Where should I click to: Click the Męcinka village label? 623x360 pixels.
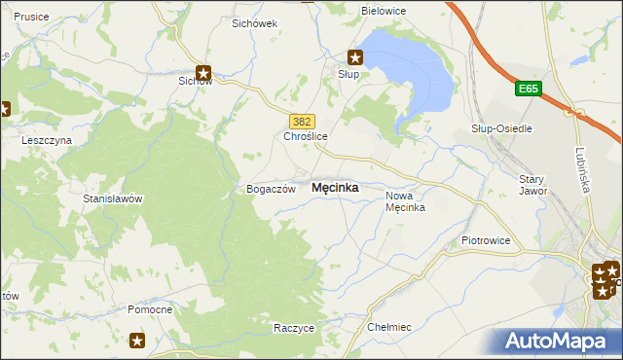(x=334, y=188)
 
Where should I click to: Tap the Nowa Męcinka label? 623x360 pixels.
(x=405, y=201)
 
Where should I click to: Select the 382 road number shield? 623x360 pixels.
(x=302, y=121)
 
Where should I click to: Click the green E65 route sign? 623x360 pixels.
(x=528, y=90)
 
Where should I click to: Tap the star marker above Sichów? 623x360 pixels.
(x=203, y=71)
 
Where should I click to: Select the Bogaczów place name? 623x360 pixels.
(x=270, y=189)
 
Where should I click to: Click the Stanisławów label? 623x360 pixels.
(x=113, y=198)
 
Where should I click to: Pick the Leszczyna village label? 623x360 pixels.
(x=47, y=140)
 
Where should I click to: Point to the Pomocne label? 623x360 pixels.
(x=150, y=309)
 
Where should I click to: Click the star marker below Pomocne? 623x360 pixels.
(x=137, y=340)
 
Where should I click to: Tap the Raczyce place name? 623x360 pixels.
(x=294, y=328)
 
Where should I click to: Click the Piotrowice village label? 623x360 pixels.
(x=486, y=239)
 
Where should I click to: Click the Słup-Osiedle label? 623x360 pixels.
(x=501, y=128)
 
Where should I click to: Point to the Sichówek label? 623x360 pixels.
(x=255, y=22)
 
